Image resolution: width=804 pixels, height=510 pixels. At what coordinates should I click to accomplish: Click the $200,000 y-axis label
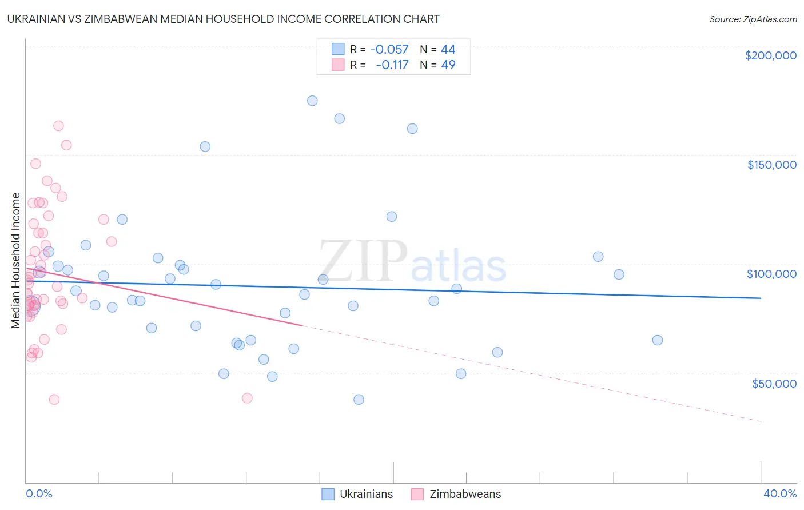[770, 55]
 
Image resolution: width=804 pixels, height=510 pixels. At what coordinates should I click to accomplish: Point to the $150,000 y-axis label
[771, 165]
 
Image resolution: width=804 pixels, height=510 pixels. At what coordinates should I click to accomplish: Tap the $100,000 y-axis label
[771, 274]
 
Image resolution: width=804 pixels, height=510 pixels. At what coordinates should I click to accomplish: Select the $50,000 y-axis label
[774, 383]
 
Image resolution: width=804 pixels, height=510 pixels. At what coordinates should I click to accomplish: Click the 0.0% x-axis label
[39, 493]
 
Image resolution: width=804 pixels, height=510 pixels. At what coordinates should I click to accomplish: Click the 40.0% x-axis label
[779, 493]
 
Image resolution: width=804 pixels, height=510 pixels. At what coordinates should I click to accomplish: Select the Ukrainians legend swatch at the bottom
[328, 494]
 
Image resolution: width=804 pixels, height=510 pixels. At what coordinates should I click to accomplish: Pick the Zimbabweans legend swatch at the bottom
[417, 494]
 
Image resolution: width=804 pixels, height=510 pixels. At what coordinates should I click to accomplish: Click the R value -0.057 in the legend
[389, 49]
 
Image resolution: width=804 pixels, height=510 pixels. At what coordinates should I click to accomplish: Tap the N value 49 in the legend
[448, 65]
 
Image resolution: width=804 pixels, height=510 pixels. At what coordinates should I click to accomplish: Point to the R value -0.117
[392, 65]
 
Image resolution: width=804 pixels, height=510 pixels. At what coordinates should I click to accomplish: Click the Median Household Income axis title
[16, 261]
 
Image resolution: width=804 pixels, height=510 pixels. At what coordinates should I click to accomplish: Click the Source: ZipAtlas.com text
[753, 19]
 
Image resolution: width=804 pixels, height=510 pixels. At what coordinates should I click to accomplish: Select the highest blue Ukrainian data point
[312, 101]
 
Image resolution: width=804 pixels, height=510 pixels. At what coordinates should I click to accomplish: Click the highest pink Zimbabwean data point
[58, 126]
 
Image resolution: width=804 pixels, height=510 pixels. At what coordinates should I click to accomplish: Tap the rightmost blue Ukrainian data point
[658, 340]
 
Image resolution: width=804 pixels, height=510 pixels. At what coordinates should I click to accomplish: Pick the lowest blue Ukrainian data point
[359, 400]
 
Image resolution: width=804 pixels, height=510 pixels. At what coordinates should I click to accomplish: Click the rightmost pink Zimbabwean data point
[247, 398]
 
